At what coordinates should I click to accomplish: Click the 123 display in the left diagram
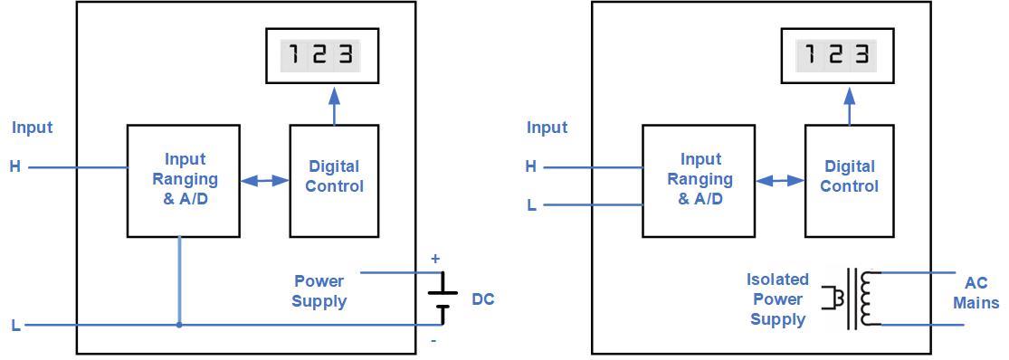tap(320, 56)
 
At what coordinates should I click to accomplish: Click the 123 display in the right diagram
tap(837, 56)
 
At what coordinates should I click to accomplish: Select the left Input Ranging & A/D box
tap(184, 181)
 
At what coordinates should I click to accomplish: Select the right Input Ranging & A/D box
tap(699, 181)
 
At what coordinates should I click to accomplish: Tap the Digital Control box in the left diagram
tap(334, 181)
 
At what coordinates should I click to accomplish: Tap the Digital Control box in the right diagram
tap(849, 181)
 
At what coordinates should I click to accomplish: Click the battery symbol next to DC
tap(442, 299)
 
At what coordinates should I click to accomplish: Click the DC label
tap(483, 299)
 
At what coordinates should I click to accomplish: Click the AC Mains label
tap(976, 293)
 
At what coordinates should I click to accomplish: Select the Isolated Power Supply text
tap(777, 299)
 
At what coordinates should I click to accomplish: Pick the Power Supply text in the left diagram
tap(319, 291)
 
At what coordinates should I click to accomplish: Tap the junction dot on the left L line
tap(179, 325)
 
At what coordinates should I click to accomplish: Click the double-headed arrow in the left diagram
tap(264, 181)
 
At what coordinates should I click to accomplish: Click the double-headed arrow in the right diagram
tap(780, 181)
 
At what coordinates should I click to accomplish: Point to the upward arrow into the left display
tap(334, 104)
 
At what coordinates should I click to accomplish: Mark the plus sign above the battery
tap(435, 259)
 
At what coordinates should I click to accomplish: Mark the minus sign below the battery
tap(434, 341)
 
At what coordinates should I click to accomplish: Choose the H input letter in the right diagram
tap(531, 166)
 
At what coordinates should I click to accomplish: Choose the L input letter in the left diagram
tap(15, 326)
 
